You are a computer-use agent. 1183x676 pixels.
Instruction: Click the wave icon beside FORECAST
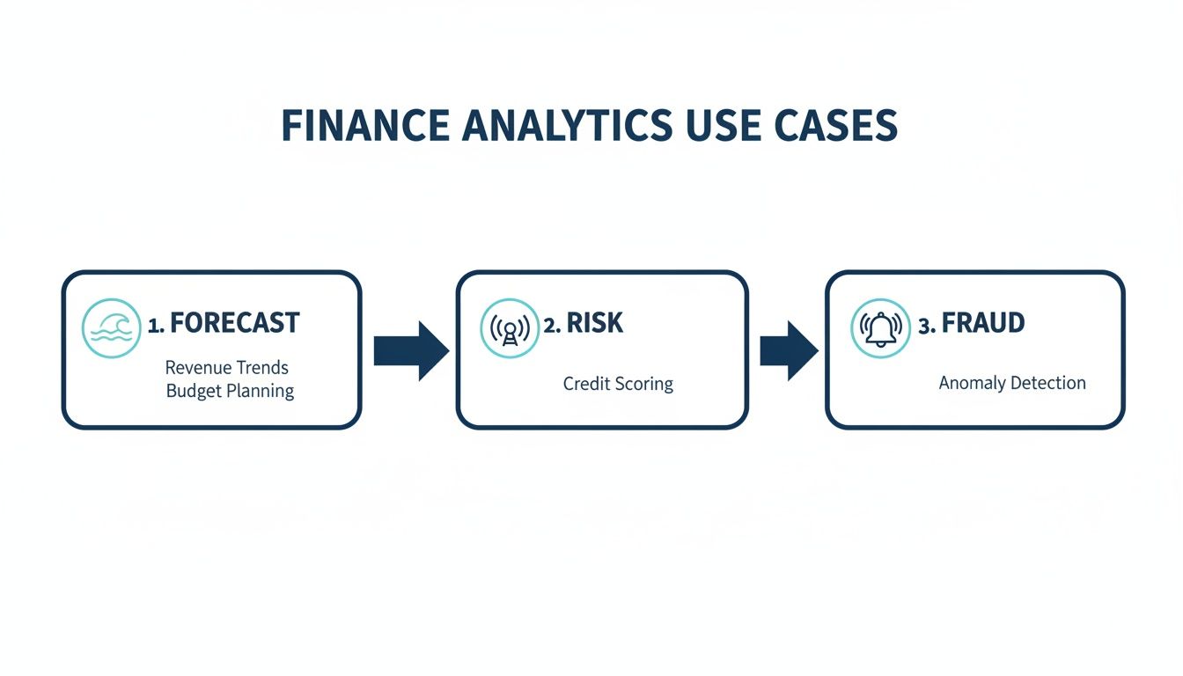(111, 327)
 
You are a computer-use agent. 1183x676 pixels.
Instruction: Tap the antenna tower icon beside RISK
(509, 327)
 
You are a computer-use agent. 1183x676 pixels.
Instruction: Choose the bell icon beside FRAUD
(880, 327)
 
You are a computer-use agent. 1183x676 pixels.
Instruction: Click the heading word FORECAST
(234, 323)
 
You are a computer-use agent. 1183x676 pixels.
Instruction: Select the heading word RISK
(594, 323)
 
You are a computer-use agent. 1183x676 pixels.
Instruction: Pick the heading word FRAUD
(983, 323)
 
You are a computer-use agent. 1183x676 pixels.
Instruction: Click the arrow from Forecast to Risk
(411, 350)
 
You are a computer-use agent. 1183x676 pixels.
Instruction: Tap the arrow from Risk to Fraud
(789, 350)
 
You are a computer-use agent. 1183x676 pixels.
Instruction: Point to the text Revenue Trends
(227, 367)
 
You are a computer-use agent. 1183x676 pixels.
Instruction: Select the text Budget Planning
(230, 391)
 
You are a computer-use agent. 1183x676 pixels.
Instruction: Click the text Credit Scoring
(618, 385)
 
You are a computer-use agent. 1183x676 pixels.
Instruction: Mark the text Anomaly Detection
(1012, 383)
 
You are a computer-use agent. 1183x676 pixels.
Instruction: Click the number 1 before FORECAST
(154, 325)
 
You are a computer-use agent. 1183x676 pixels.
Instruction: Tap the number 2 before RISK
(551, 325)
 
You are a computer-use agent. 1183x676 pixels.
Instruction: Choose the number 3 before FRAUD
(925, 325)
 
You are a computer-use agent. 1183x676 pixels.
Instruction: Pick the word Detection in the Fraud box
(1047, 383)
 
